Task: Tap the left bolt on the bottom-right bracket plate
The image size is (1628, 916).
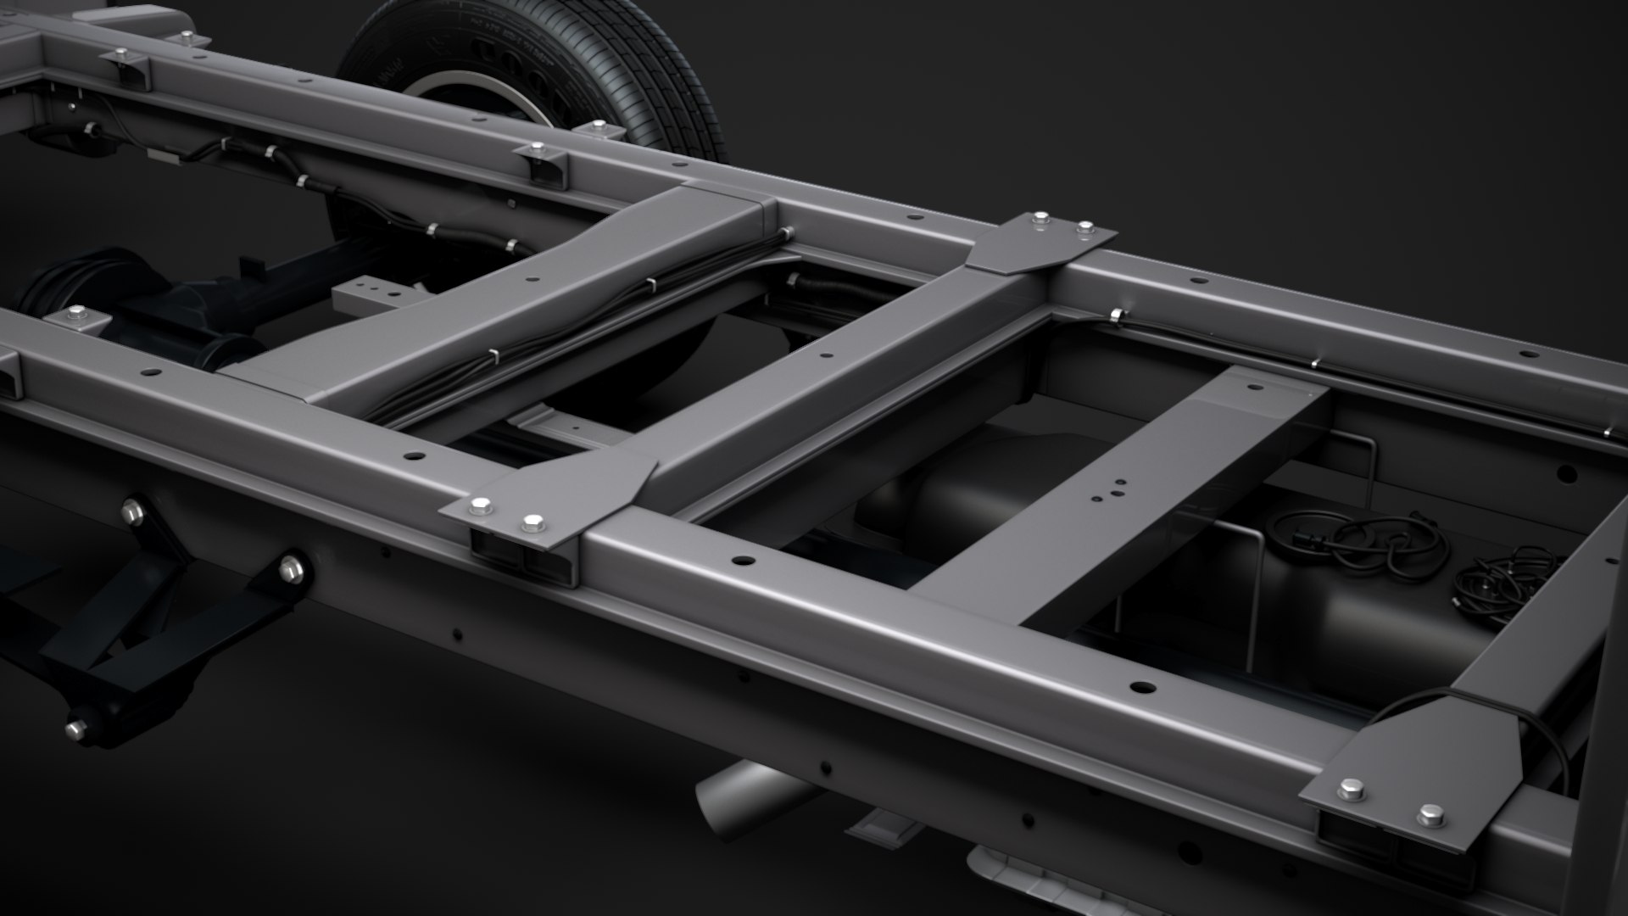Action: [x=1352, y=791]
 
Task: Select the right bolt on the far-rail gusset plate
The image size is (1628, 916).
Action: [x=1084, y=229]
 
